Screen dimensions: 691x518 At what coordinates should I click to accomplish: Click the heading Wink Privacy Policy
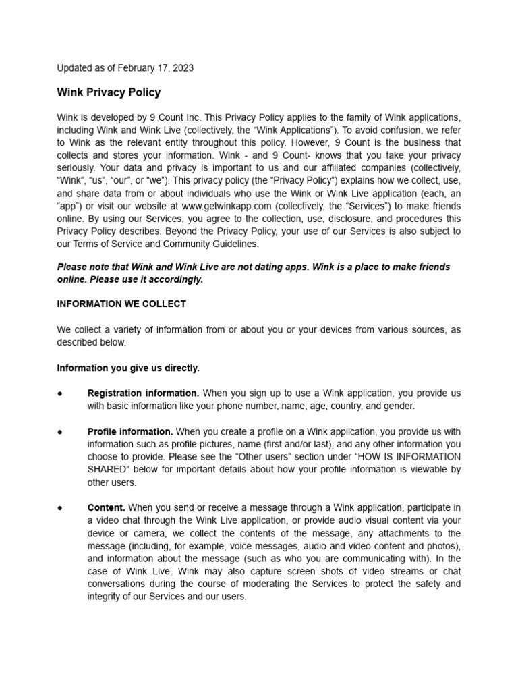point(109,92)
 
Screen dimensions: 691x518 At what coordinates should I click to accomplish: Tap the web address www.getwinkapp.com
point(227,206)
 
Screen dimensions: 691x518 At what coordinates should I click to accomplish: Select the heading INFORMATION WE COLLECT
point(121,304)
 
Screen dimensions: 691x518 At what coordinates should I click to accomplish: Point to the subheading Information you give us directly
point(128,368)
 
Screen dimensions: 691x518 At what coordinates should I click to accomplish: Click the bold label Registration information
point(143,393)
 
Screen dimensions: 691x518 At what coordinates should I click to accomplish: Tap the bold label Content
point(106,507)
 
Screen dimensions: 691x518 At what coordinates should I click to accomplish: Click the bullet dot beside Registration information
point(60,393)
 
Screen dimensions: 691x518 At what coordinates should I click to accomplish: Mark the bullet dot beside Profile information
point(60,431)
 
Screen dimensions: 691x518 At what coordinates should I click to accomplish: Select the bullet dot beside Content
point(60,507)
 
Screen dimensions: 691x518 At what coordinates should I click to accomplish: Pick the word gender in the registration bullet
point(401,406)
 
